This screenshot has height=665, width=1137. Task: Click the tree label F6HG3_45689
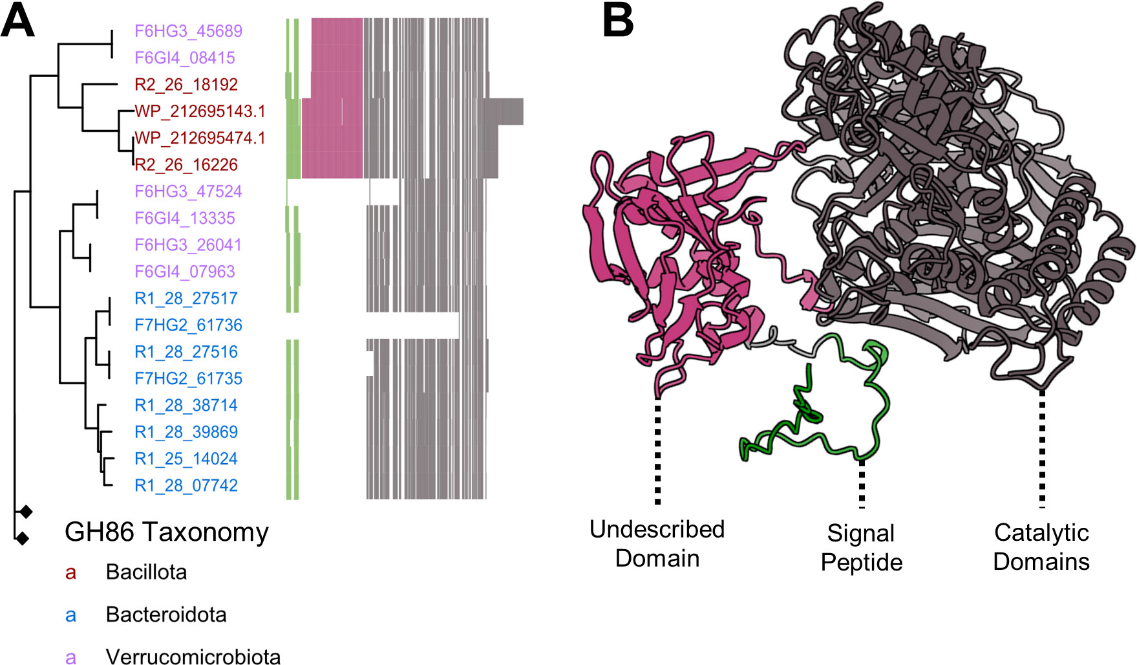(x=188, y=31)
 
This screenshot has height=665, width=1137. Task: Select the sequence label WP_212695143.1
(x=200, y=111)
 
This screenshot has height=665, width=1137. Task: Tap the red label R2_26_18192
(x=186, y=85)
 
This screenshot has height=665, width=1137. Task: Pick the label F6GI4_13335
(x=185, y=218)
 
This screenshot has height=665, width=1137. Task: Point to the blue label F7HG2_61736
(x=188, y=325)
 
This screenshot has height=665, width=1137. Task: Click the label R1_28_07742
(x=186, y=485)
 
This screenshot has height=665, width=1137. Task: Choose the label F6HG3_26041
(x=188, y=245)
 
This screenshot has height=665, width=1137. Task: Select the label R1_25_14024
(x=186, y=459)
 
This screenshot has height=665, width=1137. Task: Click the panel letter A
(x=17, y=21)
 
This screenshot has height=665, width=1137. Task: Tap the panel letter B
(x=617, y=21)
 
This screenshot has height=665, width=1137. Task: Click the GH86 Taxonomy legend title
(x=166, y=532)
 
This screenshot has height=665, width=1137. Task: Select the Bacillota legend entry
(x=146, y=572)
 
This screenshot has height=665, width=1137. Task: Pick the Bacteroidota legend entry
(x=166, y=615)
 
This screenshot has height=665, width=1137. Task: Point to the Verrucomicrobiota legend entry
(x=193, y=656)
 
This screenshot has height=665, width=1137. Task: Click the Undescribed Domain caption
(x=657, y=543)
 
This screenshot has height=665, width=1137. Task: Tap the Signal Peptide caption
(x=861, y=547)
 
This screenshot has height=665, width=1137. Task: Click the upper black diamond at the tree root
(x=25, y=512)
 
